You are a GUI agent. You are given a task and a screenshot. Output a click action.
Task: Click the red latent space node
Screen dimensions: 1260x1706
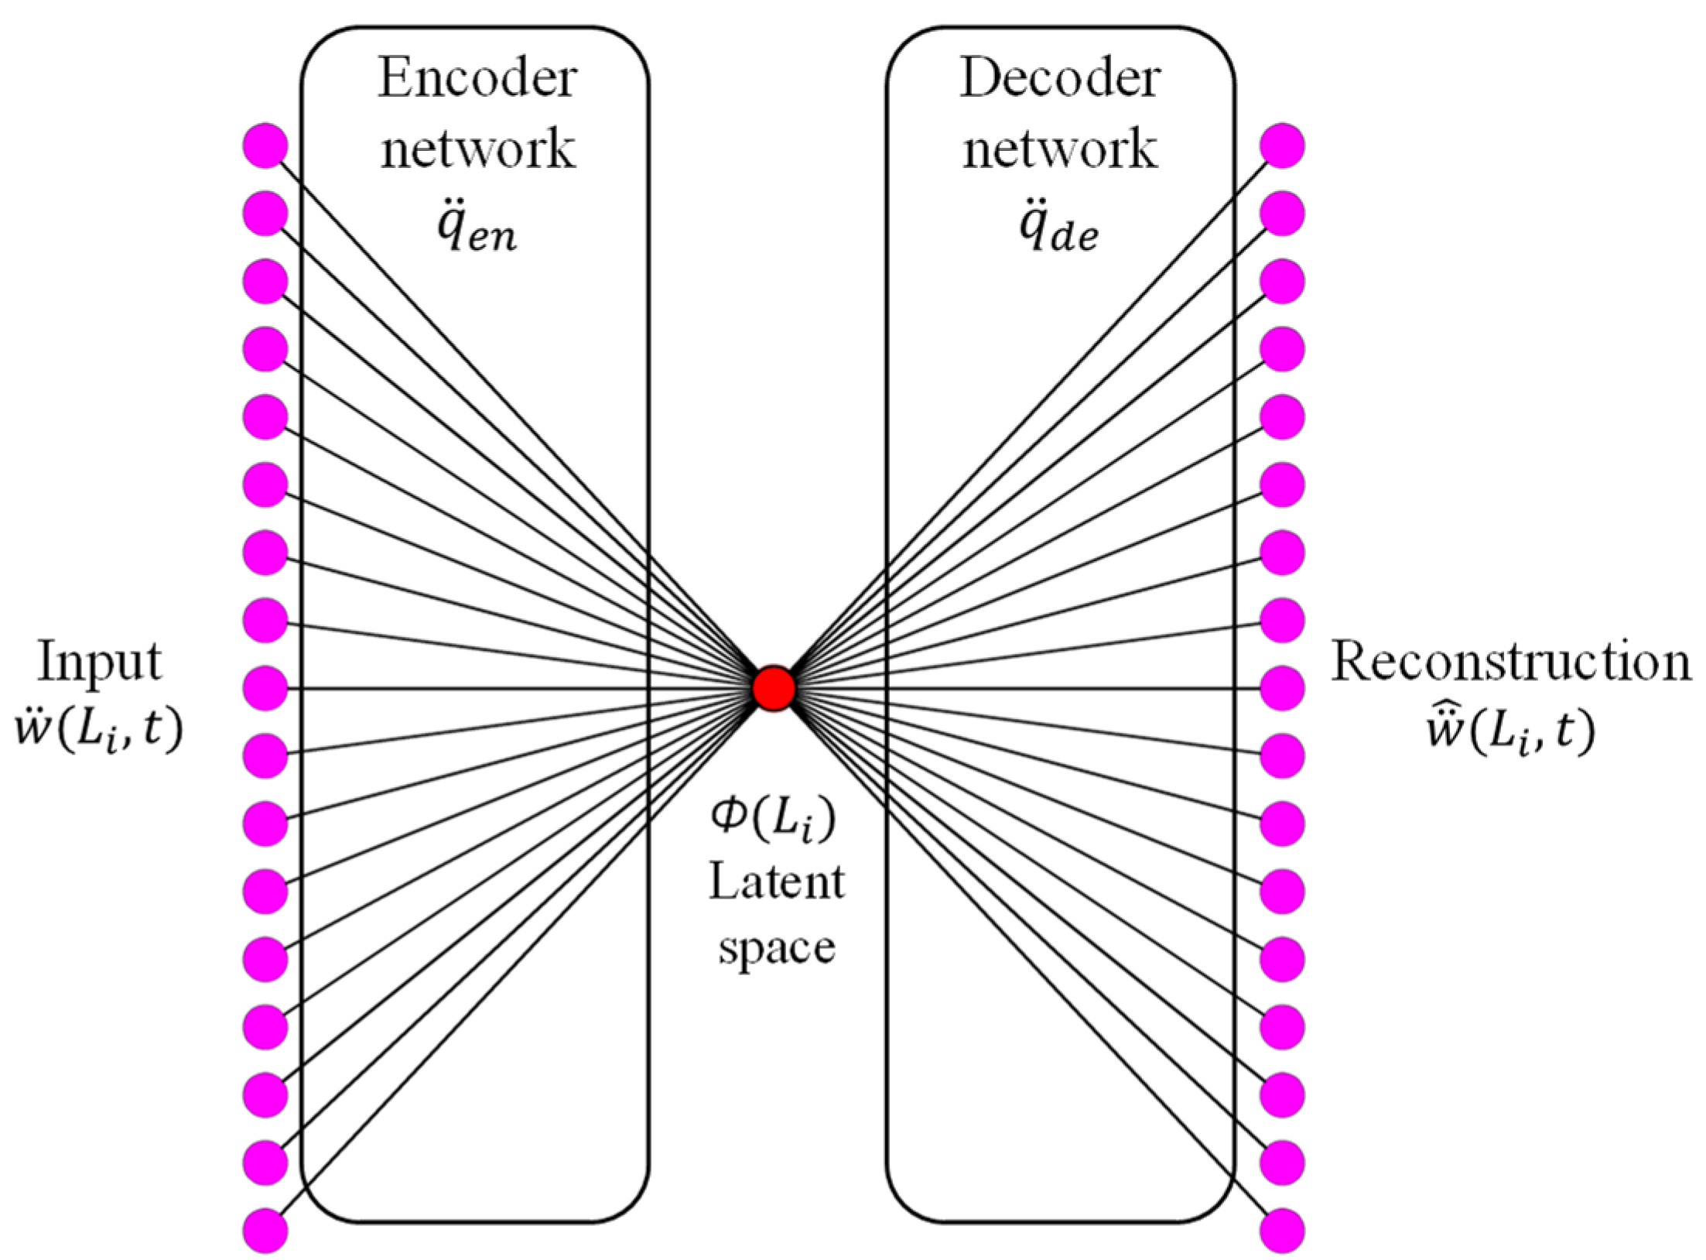coord(774,687)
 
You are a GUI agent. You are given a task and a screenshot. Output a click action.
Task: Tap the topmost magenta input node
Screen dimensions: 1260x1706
coord(265,146)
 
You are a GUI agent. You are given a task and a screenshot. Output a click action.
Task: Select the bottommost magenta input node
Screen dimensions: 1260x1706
coord(265,1231)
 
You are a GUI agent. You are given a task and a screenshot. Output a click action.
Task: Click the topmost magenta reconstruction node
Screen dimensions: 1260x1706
coord(1282,146)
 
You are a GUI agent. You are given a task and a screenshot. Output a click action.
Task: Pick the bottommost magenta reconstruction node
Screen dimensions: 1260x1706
coord(1282,1231)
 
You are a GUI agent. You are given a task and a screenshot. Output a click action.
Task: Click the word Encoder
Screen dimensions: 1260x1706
coord(477,79)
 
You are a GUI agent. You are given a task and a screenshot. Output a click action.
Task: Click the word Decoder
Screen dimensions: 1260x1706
coord(1060,79)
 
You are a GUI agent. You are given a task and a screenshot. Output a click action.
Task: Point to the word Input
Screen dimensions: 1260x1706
coord(100,663)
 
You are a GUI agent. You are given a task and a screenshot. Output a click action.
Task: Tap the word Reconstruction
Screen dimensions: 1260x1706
coord(1510,663)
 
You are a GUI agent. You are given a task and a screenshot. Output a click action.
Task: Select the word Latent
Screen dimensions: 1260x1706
coord(776,882)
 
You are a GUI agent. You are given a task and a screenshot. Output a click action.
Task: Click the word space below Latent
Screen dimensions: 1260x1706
coord(776,949)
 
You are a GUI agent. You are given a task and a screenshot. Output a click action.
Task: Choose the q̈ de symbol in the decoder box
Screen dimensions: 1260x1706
coord(1058,229)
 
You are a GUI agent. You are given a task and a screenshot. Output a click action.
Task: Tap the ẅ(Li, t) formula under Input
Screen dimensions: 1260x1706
coord(100,729)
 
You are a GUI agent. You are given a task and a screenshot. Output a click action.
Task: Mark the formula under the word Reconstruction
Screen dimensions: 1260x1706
coord(1510,729)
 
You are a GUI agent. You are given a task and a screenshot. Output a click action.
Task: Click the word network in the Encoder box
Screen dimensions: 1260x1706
coord(477,149)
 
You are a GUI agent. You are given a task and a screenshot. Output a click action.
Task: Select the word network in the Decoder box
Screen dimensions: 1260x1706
coord(1060,149)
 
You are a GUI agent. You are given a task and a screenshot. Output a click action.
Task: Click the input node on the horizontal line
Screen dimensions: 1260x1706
coord(265,687)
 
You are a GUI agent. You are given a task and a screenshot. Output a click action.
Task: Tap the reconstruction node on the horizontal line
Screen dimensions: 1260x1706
coord(1282,687)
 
